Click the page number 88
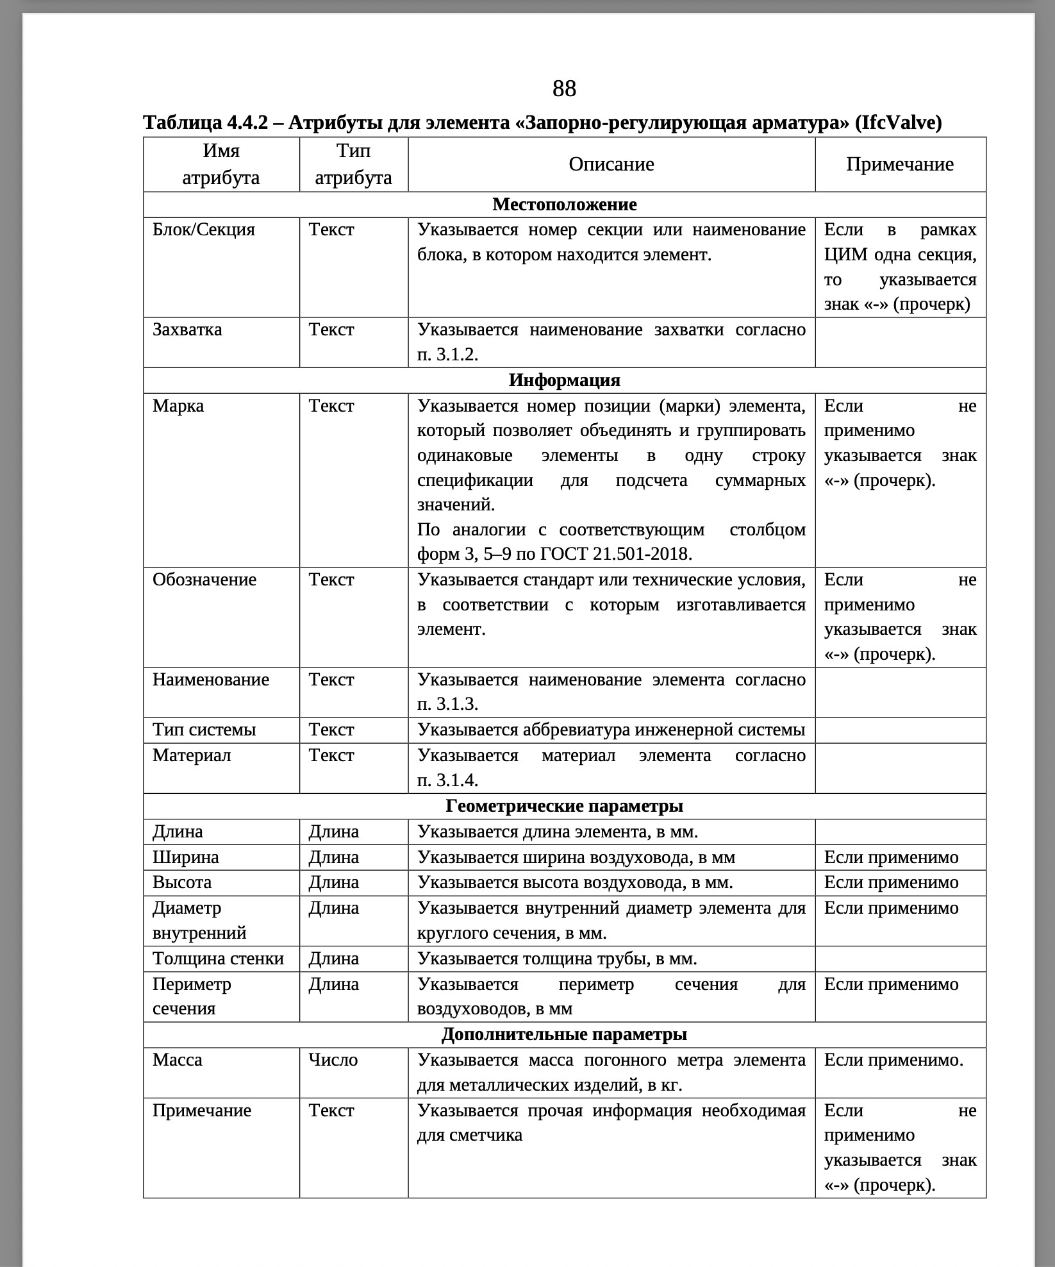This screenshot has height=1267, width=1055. [x=564, y=88]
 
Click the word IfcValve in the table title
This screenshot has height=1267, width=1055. [x=902, y=122]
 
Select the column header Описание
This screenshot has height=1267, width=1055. [x=611, y=164]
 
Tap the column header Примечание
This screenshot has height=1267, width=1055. [x=899, y=164]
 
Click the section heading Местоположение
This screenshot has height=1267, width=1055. [x=564, y=205]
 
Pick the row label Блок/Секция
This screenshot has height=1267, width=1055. [x=203, y=230]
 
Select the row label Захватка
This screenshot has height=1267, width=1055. [x=187, y=330]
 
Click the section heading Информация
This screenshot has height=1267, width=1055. [x=564, y=380]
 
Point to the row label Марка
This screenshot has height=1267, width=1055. [x=178, y=406]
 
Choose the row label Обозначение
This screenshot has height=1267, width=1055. [x=204, y=580]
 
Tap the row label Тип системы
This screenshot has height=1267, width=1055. [x=204, y=730]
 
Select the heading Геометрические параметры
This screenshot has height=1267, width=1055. [x=564, y=806]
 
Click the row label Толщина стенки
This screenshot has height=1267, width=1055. [x=218, y=959]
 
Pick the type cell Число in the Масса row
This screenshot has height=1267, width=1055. [x=333, y=1060]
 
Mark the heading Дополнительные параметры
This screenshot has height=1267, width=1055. [x=564, y=1034]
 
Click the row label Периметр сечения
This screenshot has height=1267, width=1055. [x=192, y=996]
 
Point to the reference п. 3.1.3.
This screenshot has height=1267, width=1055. [x=447, y=704]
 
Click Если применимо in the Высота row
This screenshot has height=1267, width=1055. [x=891, y=882]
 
